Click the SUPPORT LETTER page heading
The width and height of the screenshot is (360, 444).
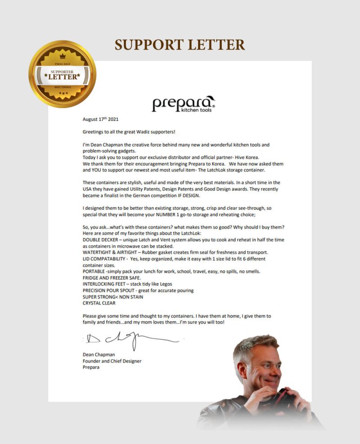180,45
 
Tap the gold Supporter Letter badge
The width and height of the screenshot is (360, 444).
62,74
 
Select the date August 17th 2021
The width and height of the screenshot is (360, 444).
101,119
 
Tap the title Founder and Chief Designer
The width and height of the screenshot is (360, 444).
112,361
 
